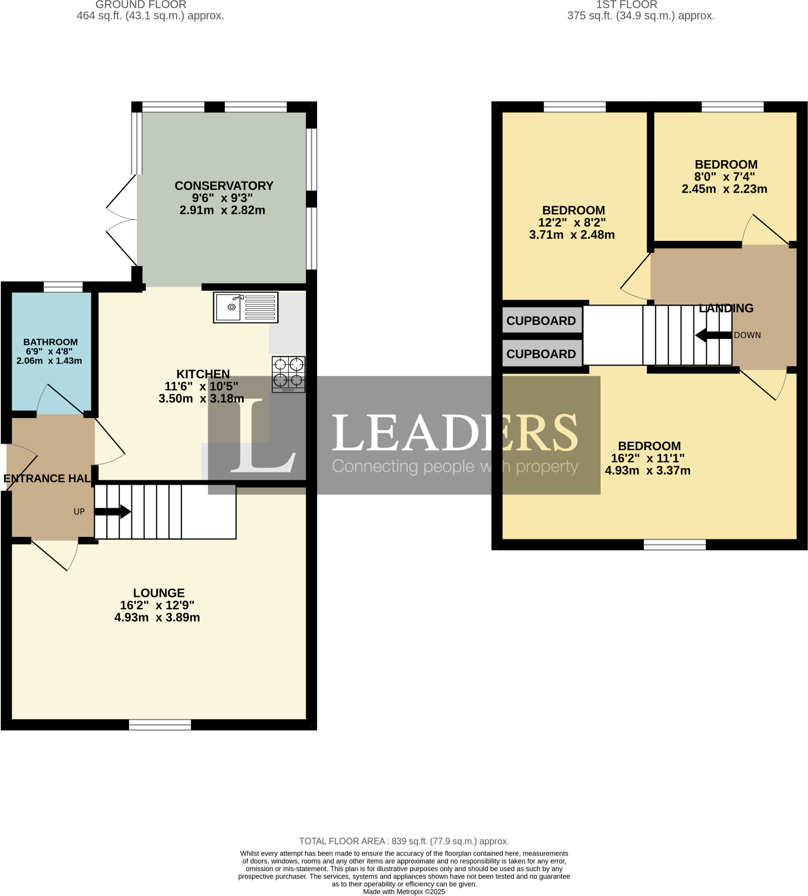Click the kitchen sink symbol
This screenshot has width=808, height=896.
pyautogui.click(x=245, y=307)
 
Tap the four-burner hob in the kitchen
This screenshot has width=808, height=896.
pyautogui.click(x=289, y=374)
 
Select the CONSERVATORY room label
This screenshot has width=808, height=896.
pyautogui.click(x=224, y=185)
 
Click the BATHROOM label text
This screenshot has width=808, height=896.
pyautogui.click(x=51, y=342)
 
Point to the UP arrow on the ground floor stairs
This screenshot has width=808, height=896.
pyautogui.click(x=113, y=511)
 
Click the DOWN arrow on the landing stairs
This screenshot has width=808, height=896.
pyautogui.click(x=714, y=335)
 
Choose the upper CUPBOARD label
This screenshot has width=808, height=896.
pyautogui.click(x=541, y=321)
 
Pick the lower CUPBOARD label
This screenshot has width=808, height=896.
pyautogui.click(x=541, y=354)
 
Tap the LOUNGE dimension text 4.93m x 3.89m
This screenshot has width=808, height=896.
pyautogui.click(x=157, y=617)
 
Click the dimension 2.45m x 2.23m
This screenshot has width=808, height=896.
pyautogui.click(x=724, y=189)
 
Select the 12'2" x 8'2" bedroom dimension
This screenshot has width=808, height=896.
pyautogui.click(x=572, y=222)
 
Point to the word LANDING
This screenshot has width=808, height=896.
pyautogui.click(x=726, y=308)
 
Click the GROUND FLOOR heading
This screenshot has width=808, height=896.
pyautogui.click(x=141, y=5)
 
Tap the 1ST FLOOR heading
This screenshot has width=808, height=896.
pyautogui.click(x=626, y=5)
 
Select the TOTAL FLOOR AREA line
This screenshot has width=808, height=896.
pyautogui.click(x=404, y=841)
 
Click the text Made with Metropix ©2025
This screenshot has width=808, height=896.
pyautogui.click(x=404, y=892)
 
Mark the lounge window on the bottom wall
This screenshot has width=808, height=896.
pyautogui.click(x=160, y=724)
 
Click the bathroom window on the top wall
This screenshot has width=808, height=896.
pyautogui.click(x=63, y=287)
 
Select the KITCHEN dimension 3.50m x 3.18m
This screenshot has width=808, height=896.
pyautogui.click(x=202, y=398)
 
